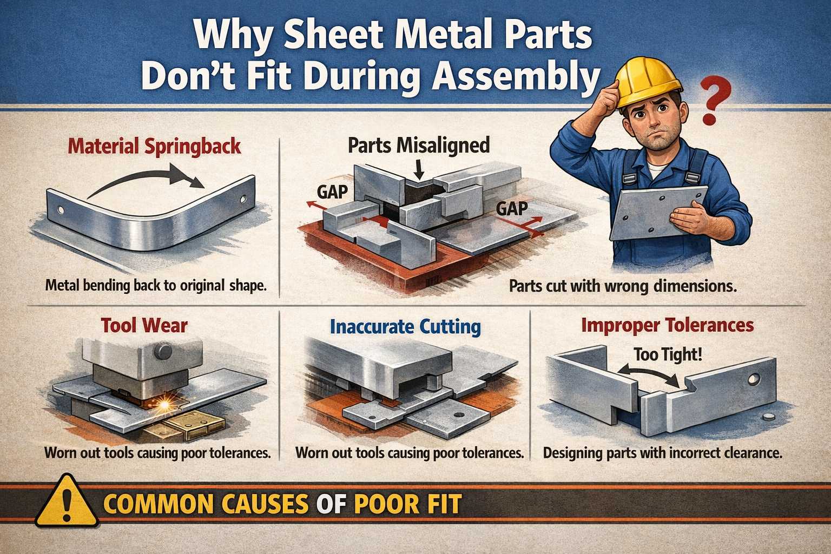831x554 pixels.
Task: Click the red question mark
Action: coord(716,100)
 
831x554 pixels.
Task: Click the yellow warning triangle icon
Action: coord(67,500)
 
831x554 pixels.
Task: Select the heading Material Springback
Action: coord(154,146)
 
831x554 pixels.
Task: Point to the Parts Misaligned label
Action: coord(419,144)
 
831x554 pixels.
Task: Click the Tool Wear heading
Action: coord(144,326)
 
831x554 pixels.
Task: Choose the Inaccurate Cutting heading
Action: coord(405,327)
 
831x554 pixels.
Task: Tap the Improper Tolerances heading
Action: coord(668,325)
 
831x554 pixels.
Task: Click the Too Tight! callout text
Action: coord(668,354)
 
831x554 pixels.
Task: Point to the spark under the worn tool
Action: coord(163,406)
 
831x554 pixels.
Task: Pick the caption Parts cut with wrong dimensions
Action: coord(622,286)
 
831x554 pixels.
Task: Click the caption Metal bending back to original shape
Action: coord(156,286)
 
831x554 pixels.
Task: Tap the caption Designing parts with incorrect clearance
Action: coord(663,453)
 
